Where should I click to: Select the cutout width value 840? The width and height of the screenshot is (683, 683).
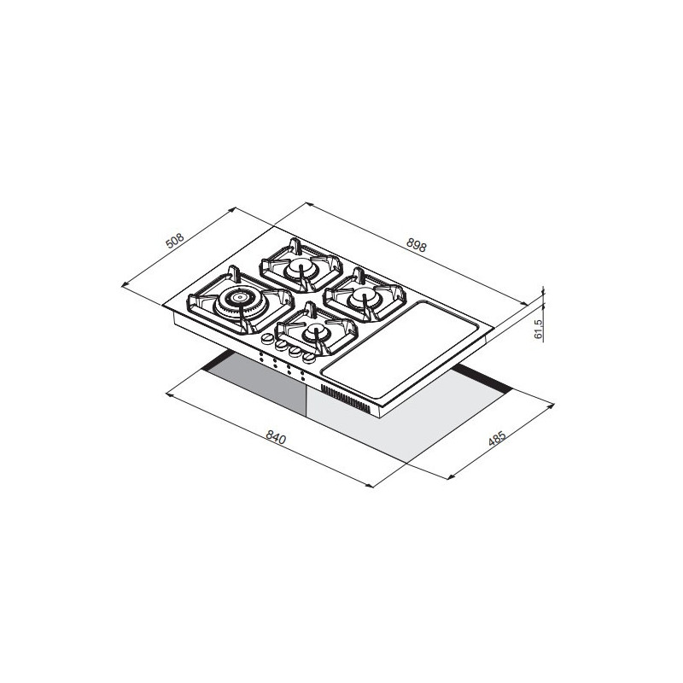coord(275,438)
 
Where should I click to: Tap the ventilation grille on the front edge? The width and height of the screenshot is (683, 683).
coord(348,400)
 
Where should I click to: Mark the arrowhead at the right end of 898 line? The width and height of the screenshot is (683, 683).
coord(530,301)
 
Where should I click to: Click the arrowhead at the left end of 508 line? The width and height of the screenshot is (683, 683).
coord(125,286)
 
